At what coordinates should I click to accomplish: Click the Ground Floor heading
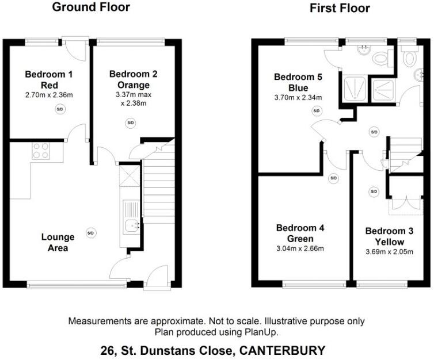tap(91, 7)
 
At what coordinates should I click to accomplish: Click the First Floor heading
tap(339, 8)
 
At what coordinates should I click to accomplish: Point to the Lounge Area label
tap(58, 242)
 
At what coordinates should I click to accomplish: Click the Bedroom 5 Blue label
tap(294, 83)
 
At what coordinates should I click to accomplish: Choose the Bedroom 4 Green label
tap(300, 233)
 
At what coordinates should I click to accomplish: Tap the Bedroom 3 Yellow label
tap(390, 236)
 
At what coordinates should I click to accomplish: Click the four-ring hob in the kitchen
tap(40, 151)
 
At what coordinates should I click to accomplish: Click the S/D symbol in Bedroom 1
tap(60, 109)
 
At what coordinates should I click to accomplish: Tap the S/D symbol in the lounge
tap(90, 233)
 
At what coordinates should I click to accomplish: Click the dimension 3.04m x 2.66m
tap(300, 249)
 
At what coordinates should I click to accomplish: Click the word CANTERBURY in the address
tap(286, 350)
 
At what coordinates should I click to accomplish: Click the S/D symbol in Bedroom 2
tap(130, 122)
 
